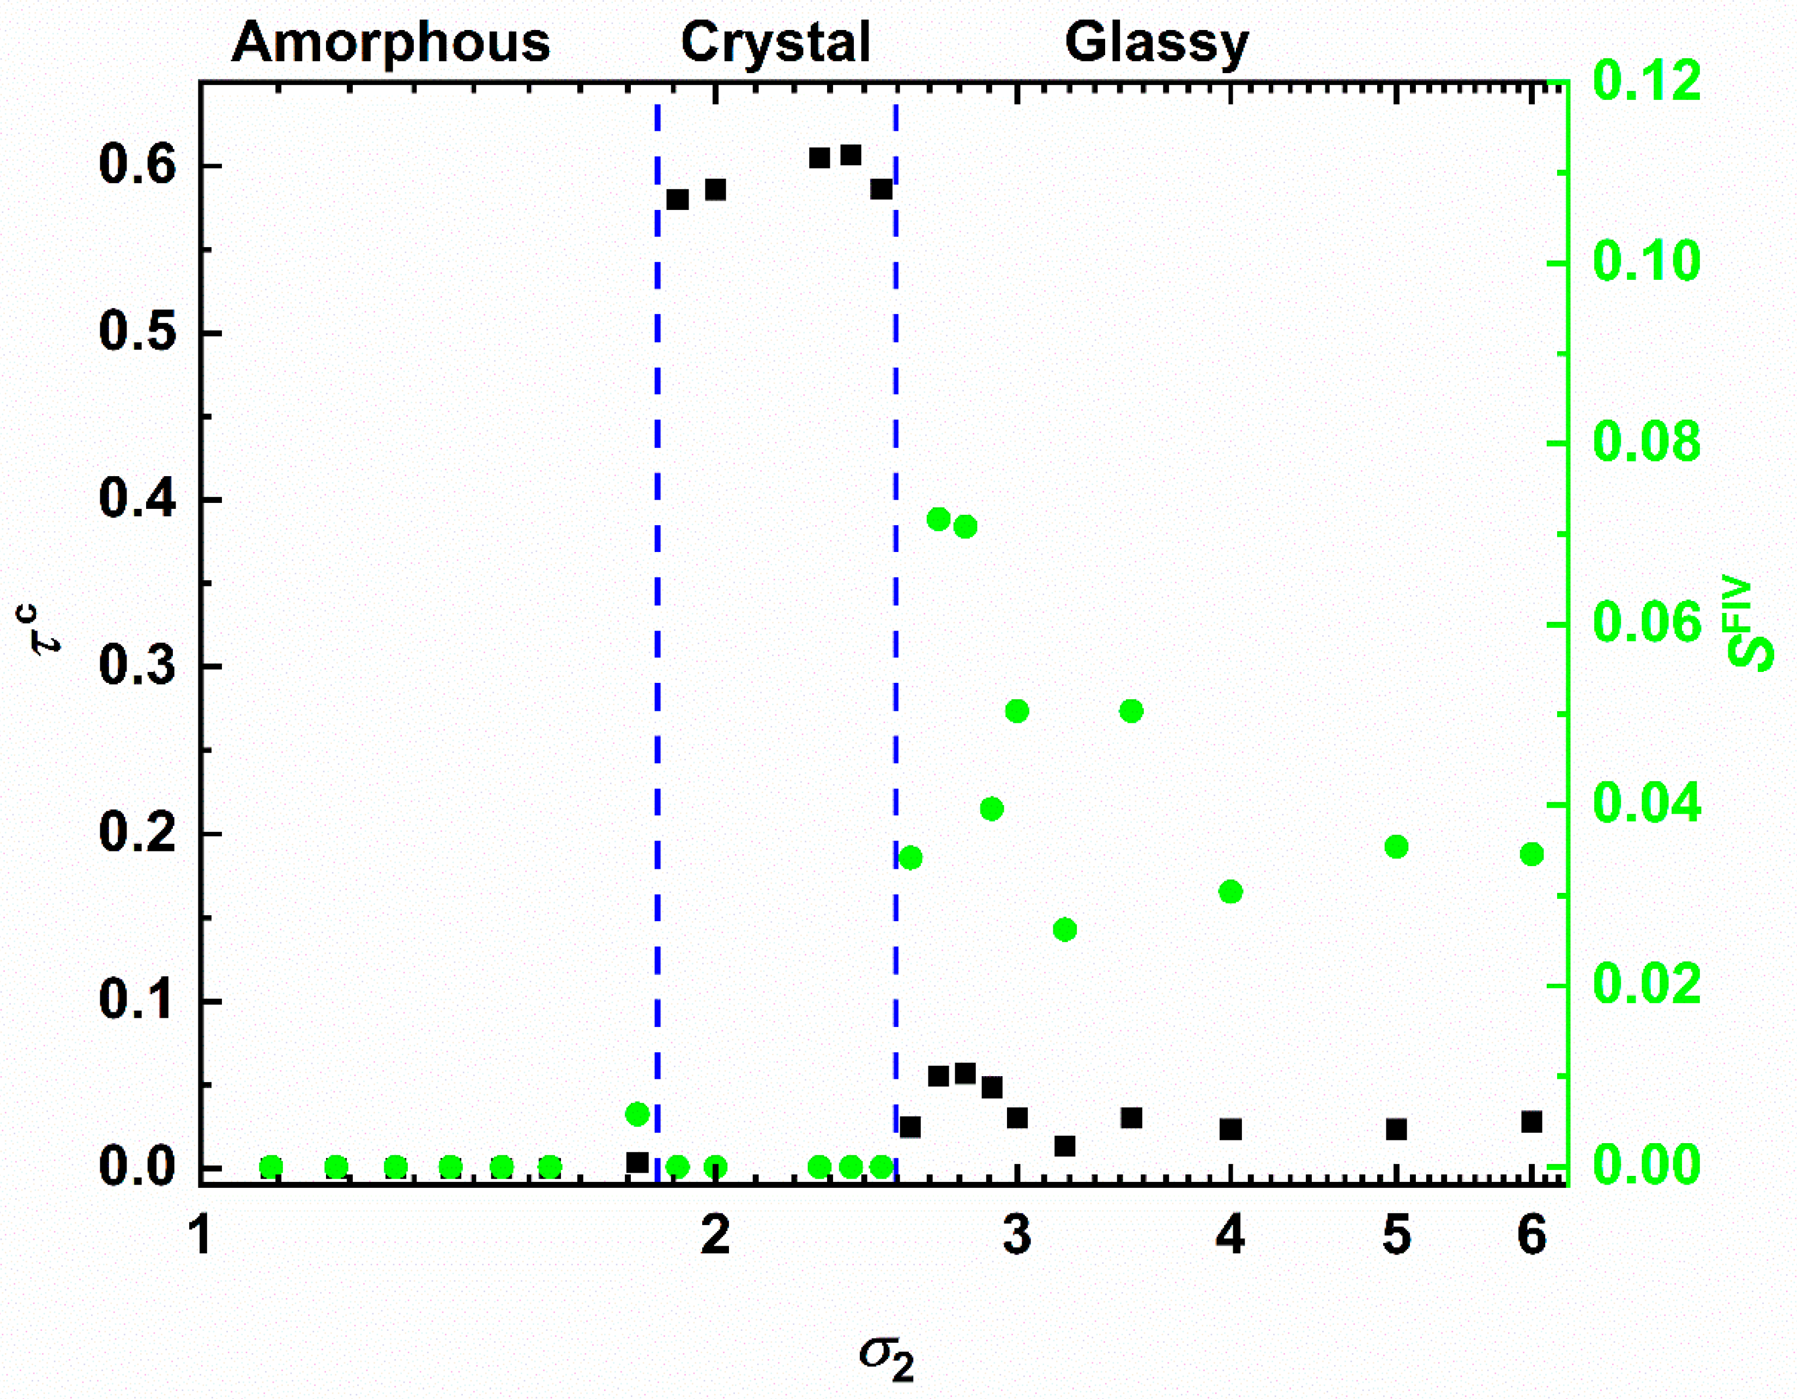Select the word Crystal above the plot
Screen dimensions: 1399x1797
775,43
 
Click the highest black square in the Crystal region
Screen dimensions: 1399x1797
851,155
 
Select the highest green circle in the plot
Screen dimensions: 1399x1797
939,519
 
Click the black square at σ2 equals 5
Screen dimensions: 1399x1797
1396,1129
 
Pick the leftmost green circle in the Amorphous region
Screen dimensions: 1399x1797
271,1167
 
